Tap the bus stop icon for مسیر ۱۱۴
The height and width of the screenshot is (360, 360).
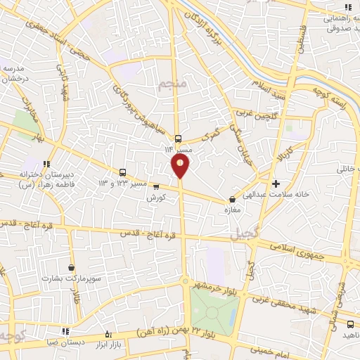178,139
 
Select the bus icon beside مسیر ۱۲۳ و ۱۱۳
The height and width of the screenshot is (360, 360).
123,172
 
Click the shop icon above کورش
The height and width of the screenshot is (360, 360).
156,187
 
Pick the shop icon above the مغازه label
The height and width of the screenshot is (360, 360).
233,199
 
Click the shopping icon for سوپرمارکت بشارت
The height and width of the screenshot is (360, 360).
72,268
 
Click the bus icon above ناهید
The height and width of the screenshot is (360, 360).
350,324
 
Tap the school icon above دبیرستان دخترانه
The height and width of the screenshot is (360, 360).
47,164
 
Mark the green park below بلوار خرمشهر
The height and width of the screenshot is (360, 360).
212,309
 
